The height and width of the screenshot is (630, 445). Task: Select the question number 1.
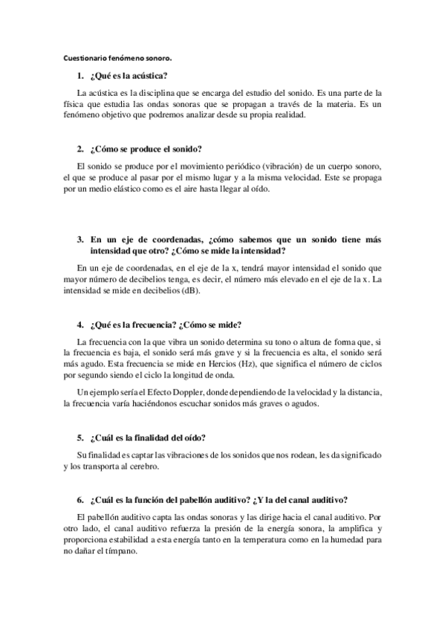(79, 77)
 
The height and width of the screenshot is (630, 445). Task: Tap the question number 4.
(79, 325)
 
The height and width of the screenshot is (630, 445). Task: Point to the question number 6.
(79, 499)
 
